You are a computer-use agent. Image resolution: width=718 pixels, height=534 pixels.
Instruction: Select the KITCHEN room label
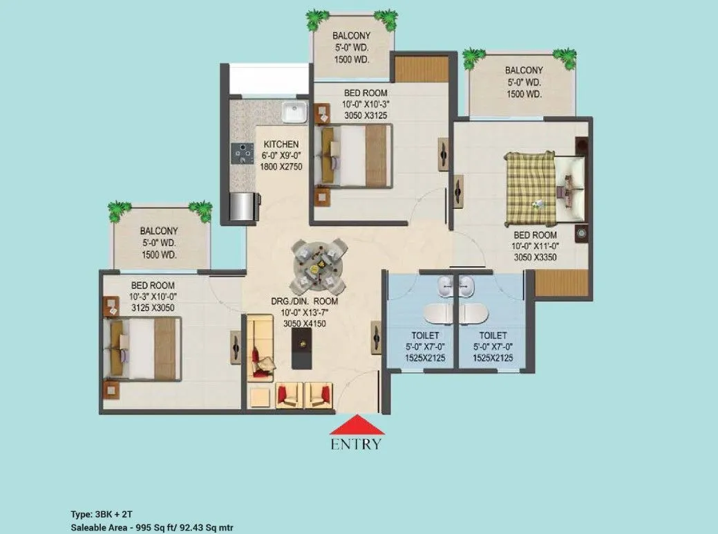pos(281,145)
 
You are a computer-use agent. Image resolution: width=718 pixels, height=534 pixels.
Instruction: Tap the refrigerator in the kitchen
pos(242,205)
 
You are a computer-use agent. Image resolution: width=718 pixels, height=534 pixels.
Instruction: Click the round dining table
pos(318,264)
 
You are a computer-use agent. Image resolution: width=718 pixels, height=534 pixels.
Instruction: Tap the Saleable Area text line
pos(156,528)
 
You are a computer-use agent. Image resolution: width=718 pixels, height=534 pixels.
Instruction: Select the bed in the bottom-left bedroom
pos(144,348)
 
